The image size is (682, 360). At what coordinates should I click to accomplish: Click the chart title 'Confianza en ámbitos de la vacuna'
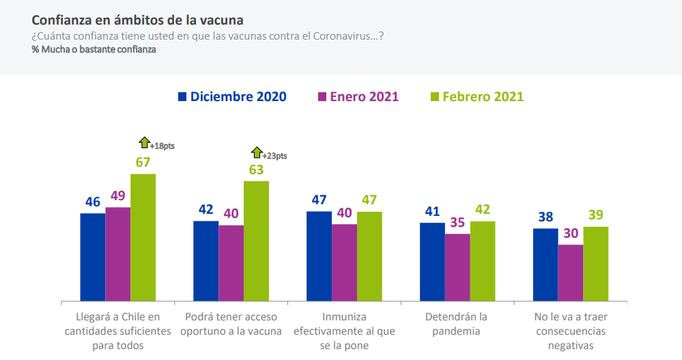coord(137,20)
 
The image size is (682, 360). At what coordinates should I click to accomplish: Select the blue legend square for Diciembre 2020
coord(182,96)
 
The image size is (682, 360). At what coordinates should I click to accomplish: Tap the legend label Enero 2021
coord(364,96)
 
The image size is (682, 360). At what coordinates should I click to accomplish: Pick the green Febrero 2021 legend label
coord(483,96)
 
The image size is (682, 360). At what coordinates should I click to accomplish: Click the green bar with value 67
coord(143,238)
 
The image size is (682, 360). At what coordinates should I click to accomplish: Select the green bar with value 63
coord(256,241)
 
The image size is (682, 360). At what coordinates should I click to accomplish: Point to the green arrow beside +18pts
coord(145,142)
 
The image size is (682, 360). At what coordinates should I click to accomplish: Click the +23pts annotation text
coord(274,156)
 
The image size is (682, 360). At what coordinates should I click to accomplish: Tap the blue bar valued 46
coord(93,258)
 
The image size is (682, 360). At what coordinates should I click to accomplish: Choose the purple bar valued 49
coord(118,254)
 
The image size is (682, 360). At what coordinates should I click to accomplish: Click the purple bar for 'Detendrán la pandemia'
coord(457,268)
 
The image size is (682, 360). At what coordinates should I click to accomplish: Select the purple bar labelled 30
coord(571,273)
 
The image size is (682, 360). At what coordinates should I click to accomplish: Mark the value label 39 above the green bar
coord(596,214)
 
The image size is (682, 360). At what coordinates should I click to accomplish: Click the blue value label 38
coord(545,217)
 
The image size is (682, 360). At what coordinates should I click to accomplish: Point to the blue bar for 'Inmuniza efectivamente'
coord(319,256)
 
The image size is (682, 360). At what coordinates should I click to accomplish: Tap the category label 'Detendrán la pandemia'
coord(456,324)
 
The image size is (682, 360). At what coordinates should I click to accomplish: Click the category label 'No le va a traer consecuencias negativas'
coord(571,331)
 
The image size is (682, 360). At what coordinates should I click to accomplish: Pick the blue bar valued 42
coord(205,261)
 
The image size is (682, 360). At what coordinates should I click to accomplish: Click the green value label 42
coord(483,210)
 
